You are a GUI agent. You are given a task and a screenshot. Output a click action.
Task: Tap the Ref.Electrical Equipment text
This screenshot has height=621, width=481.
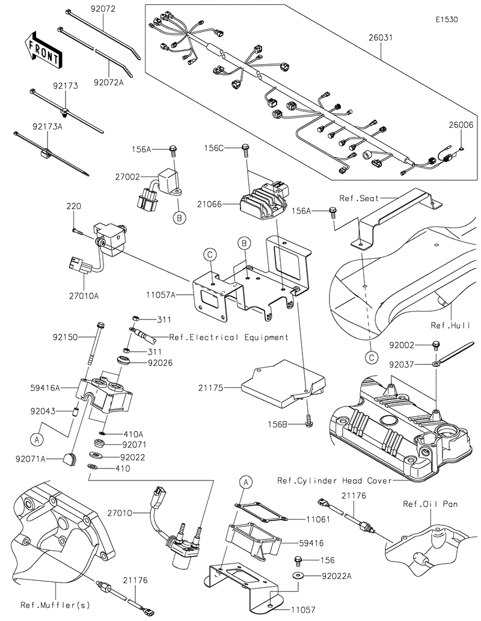[228, 337]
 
